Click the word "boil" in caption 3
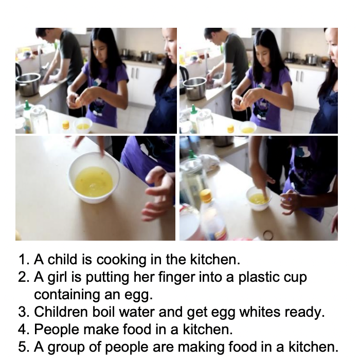[x=103, y=312]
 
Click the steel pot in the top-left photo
[x=28, y=84]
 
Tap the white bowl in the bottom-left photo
[x=94, y=178]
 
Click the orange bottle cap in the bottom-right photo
[x=206, y=195]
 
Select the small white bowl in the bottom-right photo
[x=259, y=198]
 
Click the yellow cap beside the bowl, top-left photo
[x=66, y=124]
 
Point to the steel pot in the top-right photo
[x=194, y=88]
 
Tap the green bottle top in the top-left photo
[x=27, y=104]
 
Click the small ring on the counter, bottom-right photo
[x=268, y=234]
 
